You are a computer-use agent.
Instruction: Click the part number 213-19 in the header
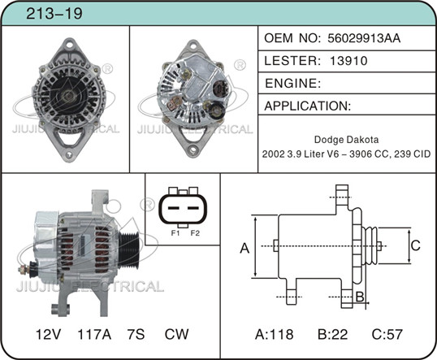pos(54,13)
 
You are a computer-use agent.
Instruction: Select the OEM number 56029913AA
pos(364,38)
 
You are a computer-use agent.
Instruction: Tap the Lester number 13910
pos(348,60)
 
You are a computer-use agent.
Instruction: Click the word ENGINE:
pos(292,83)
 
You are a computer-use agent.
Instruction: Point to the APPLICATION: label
pos(307,106)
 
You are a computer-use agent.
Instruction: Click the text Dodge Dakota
pos(346,140)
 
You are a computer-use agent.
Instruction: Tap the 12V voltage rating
pos(48,334)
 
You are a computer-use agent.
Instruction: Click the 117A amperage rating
pos(94,334)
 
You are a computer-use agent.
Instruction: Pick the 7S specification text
pos(136,334)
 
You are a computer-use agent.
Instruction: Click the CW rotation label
pos(176,334)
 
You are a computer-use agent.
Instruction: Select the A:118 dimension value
pos(275,334)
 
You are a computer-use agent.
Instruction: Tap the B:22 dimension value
pos(333,334)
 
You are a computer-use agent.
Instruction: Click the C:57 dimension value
pos(387,334)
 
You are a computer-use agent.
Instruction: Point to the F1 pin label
pos(175,233)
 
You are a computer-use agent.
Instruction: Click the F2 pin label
pos(195,233)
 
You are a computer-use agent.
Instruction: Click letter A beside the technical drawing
pos(244,248)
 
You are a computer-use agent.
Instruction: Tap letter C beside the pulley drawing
pos(416,245)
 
